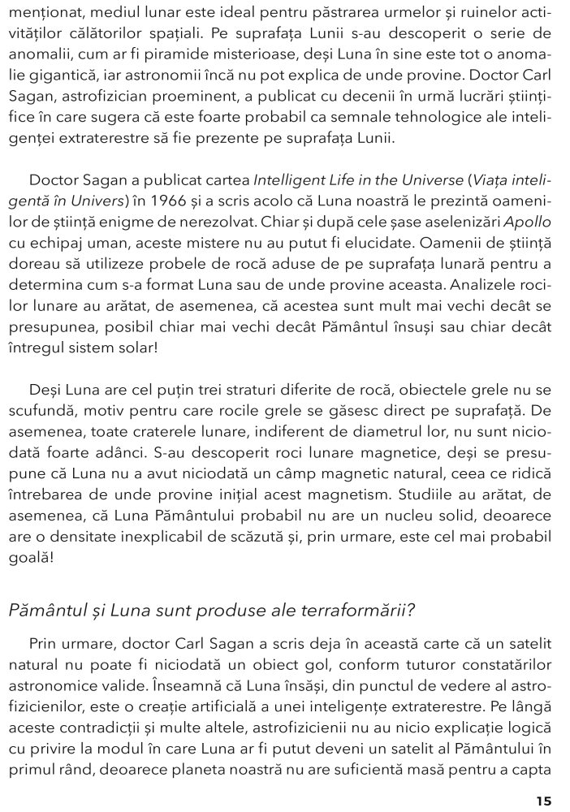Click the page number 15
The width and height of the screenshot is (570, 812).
click(x=543, y=801)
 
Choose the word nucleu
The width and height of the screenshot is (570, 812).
click(x=374, y=516)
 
